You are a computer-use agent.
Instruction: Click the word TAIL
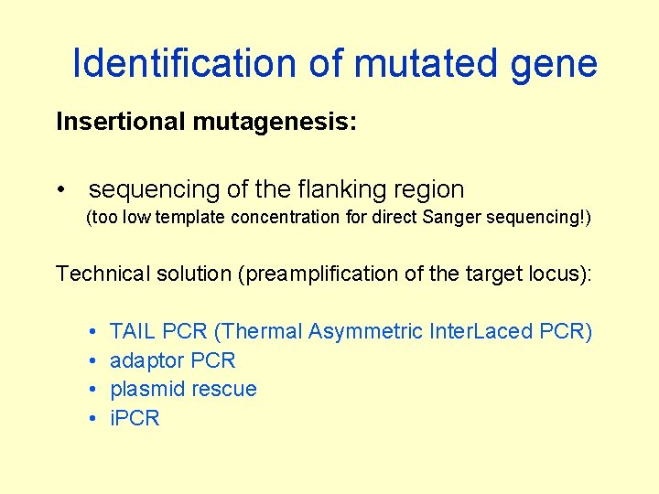tap(134, 331)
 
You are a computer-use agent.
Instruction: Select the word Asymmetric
tap(366, 331)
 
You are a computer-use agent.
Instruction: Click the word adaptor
tap(146, 360)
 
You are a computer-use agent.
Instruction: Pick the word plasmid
tap(146, 390)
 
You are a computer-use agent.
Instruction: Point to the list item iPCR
tap(135, 418)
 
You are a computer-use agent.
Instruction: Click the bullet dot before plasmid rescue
tap(94, 390)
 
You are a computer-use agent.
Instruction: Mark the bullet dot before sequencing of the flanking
tap(60, 189)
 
